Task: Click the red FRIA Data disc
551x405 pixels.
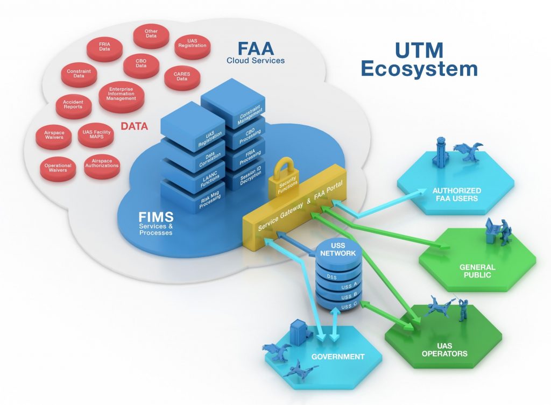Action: point(104,46)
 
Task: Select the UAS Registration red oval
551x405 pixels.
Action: point(193,44)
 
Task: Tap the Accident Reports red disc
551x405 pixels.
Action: point(73,104)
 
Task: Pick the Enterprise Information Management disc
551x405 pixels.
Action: point(121,94)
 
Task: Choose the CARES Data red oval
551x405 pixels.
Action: point(182,76)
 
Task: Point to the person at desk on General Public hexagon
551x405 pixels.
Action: point(498,231)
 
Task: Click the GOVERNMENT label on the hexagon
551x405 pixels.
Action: point(338,356)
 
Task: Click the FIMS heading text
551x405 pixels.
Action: point(156,217)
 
